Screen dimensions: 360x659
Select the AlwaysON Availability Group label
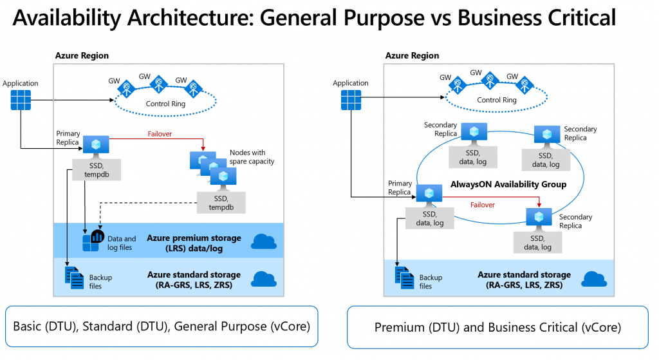(515, 184)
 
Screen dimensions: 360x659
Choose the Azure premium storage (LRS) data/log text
(194, 243)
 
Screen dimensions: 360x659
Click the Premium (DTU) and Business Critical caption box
(497, 327)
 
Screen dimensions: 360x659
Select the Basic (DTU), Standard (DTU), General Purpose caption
(161, 327)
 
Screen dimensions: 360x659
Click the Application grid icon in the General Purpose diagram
(21, 100)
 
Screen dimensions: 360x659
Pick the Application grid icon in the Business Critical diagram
(351, 100)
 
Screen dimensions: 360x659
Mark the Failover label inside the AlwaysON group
(481, 204)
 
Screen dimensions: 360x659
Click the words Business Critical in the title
(537, 17)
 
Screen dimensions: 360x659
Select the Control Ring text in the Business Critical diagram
(496, 100)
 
